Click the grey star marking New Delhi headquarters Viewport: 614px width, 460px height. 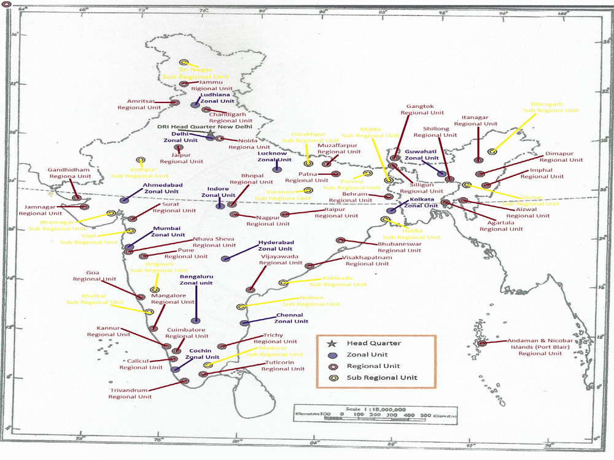tap(210, 133)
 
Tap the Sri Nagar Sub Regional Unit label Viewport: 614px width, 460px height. tap(196, 73)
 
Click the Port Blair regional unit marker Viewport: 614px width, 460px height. tap(483, 343)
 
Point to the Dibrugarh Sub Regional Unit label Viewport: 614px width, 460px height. tap(550, 107)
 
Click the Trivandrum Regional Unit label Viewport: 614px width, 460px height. tap(130, 393)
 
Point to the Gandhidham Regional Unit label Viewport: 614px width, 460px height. tap(74, 172)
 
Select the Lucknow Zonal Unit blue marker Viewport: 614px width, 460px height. tap(277, 169)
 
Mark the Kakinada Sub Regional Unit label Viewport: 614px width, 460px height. tap(337, 281)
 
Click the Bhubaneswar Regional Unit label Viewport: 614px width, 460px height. tap(400, 247)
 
